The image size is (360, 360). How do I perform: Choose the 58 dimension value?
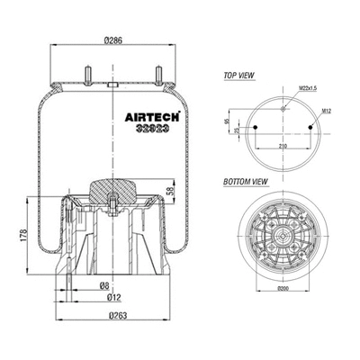click(x=171, y=190)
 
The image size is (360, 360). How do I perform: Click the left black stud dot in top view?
click(x=257, y=127)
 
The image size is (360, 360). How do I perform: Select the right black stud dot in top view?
click(x=312, y=127)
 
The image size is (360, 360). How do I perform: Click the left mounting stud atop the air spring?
click(x=89, y=74)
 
